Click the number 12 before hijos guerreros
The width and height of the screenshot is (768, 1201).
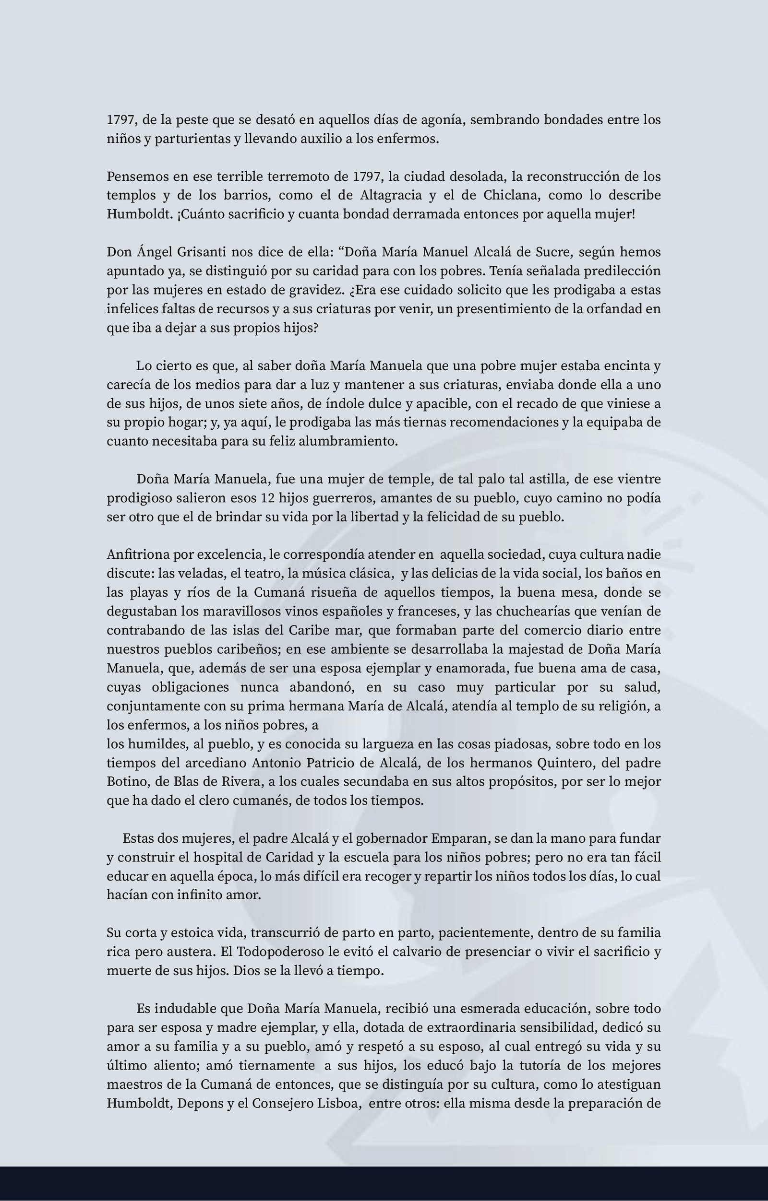pyautogui.click(x=267, y=498)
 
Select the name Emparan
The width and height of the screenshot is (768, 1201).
pyautogui.click(x=454, y=838)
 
